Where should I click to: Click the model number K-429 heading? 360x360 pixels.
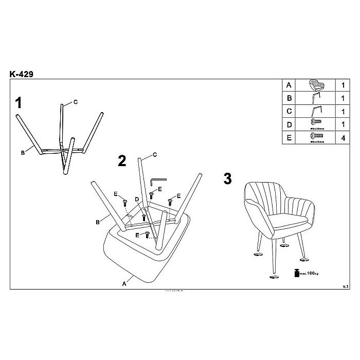click(22, 74)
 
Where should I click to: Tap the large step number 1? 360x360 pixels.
click(19, 103)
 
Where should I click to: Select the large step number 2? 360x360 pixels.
click(122, 161)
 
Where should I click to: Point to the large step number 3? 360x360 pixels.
click(228, 179)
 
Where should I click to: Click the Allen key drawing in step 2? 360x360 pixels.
click(157, 183)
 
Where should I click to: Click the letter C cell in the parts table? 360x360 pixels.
click(289, 111)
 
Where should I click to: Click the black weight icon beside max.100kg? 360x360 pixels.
click(297, 273)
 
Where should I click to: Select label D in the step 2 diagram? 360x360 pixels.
click(137, 199)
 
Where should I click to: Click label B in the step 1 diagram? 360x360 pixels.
click(23, 152)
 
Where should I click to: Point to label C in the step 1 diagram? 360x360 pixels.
click(75, 102)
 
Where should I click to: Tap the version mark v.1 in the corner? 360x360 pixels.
click(346, 285)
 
